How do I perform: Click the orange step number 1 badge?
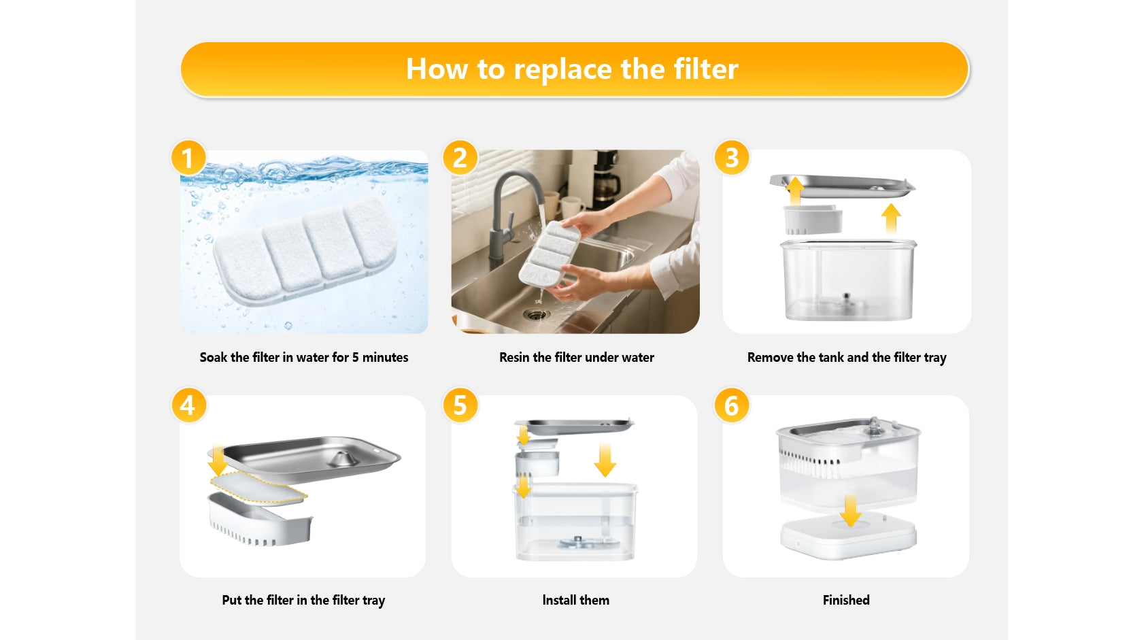[188, 158]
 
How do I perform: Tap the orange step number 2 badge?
[460, 158]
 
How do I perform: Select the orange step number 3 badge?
[732, 158]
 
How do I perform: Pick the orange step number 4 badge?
[188, 405]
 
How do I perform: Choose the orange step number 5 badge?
[460, 405]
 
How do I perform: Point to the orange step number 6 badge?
[732, 405]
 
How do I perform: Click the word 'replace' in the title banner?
[562, 69]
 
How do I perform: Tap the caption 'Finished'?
[846, 600]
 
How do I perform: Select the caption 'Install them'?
[575, 600]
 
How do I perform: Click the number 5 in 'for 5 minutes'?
[355, 357]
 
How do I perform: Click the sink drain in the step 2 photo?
[536, 314]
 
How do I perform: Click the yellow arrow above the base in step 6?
[850, 509]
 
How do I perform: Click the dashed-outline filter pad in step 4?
[258, 488]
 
